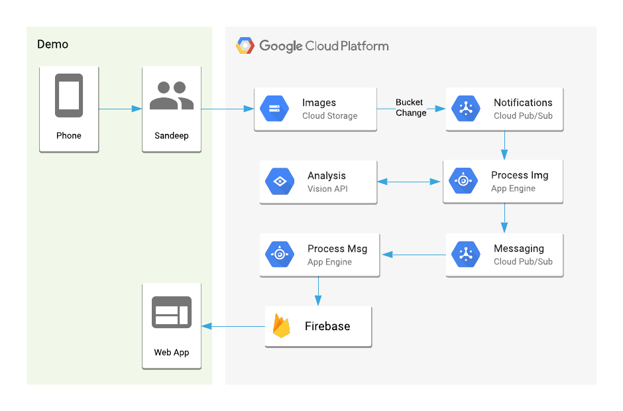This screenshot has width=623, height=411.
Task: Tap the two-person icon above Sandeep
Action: coord(172,95)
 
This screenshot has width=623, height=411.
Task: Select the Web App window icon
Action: coord(172,312)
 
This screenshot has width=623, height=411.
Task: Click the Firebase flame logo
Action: coord(282,325)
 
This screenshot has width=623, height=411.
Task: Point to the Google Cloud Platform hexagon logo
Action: coord(245,46)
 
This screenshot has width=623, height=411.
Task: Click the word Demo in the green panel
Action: coord(52,44)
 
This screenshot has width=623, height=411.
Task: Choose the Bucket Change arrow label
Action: coord(410,107)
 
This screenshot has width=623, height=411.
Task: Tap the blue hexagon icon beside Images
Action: coord(274,109)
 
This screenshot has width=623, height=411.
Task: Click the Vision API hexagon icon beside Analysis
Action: coord(280,182)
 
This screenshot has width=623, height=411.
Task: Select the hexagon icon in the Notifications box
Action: coord(466,109)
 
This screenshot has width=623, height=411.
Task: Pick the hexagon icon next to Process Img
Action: coord(463,181)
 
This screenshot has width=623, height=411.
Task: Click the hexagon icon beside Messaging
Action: coord(466,255)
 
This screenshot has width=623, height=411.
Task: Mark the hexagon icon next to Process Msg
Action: coord(280,255)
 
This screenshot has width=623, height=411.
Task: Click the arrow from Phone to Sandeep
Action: coord(120,109)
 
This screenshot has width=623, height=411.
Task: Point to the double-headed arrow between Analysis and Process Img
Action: coord(410,181)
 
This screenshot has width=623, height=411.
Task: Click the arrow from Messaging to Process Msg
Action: coord(414,255)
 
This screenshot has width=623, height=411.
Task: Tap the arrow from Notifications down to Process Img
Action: coord(504,145)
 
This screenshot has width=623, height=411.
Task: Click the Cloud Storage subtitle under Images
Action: coord(329,116)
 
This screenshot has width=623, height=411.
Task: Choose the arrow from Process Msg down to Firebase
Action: coord(318,290)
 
